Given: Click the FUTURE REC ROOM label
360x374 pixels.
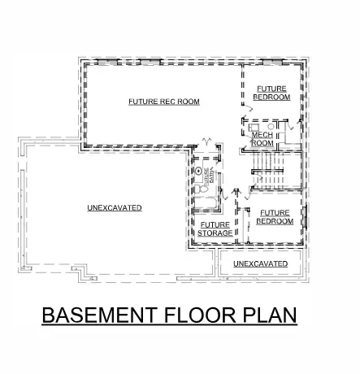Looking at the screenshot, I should (x=164, y=102).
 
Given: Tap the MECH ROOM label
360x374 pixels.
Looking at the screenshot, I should (x=262, y=138).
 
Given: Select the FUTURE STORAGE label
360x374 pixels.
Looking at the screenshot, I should (x=215, y=228).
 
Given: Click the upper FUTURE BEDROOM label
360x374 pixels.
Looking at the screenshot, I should (x=271, y=92).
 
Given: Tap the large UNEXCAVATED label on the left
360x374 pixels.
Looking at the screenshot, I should (x=115, y=208).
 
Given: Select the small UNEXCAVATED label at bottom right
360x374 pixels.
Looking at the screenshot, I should (x=260, y=264).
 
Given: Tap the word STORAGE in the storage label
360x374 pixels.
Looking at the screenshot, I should (x=215, y=233).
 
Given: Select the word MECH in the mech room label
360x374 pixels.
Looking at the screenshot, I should (x=262, y=134).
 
